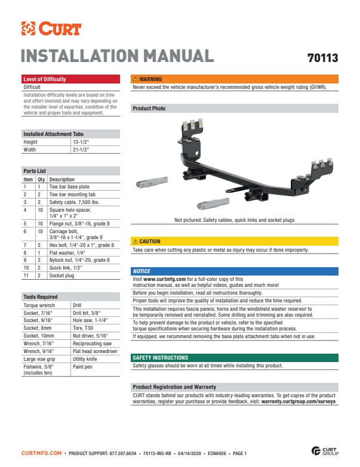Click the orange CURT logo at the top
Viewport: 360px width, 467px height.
tap(51, 29)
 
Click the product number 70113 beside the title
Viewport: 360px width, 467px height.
tap(323, 58)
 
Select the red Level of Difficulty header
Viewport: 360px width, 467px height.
tap(70, 79)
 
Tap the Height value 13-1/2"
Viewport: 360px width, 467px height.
tap(81, 142)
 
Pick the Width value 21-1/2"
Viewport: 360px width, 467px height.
tap(81, 150)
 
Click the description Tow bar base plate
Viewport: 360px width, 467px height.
tap(69, 187)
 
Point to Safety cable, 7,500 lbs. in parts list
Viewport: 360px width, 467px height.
tap(74, 202)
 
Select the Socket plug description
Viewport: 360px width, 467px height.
tap(61, 276)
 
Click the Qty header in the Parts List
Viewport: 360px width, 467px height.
tap(41, 180)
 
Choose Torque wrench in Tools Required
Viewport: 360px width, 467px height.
tap(39, 305)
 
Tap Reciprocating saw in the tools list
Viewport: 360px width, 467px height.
tap(92, 344)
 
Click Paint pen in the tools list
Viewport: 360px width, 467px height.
tap(82, 367)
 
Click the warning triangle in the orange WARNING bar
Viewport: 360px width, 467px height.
tap(136, 79)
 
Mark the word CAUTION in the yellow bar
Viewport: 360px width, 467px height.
tap(150, 241)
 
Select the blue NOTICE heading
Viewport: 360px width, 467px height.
tap(141, 271)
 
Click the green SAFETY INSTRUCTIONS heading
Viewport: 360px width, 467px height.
tap(161, 358)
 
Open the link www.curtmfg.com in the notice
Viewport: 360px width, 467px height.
tap(165, 279)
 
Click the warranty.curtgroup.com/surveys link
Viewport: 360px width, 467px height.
tap(299, 401)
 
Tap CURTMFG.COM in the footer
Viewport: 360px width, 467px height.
tap(41, 453)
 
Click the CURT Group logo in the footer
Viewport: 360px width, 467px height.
tap(325, 451)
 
